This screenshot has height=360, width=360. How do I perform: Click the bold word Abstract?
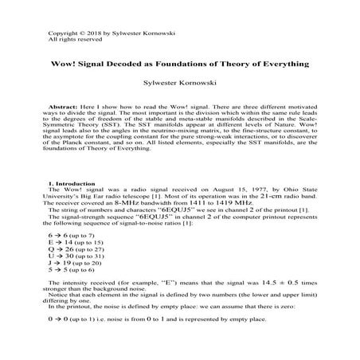67,105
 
